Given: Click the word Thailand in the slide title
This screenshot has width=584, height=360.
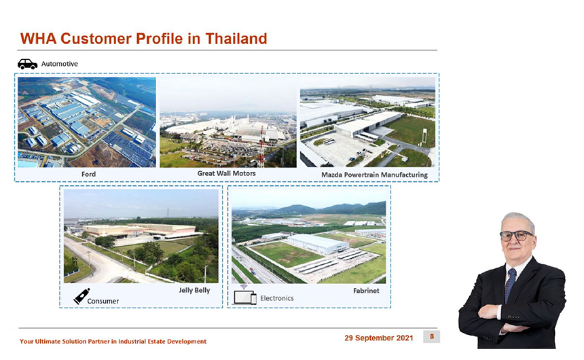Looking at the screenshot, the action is tap(236, 39).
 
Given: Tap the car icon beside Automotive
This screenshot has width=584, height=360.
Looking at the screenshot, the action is tap(28, 64).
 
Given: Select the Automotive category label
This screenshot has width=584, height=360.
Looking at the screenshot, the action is tap(60, 64).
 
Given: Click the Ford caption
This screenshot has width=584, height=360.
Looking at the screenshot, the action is tap(89, 174).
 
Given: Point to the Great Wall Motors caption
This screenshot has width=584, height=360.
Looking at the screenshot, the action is tap(226, 173).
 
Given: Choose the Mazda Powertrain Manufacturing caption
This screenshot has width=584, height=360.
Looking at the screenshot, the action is tap(374, 175).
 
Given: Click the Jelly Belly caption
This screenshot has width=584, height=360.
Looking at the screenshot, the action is tap(194, 290).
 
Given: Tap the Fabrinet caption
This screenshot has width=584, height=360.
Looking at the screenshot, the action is tap(366, 291).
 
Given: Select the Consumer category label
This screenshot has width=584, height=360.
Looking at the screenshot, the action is tap(103, 301).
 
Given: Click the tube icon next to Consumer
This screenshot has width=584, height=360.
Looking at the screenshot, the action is tap(81, 296).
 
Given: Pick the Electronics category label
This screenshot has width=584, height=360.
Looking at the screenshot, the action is tap(277, 298).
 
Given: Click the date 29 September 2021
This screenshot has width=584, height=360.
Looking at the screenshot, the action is tap(379, 338).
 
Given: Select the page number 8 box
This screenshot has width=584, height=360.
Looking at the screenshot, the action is tap(432, 336).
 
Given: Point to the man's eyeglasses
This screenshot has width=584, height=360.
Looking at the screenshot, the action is tap(516, 236).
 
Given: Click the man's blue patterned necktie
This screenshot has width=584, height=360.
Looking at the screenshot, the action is tap(510, 284).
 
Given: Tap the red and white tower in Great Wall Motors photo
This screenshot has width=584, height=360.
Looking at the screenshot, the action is tap(261, 147).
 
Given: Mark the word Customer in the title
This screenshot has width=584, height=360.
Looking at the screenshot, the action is tap(96, 39).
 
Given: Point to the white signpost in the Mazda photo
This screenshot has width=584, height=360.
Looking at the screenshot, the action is tap(424, 136).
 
